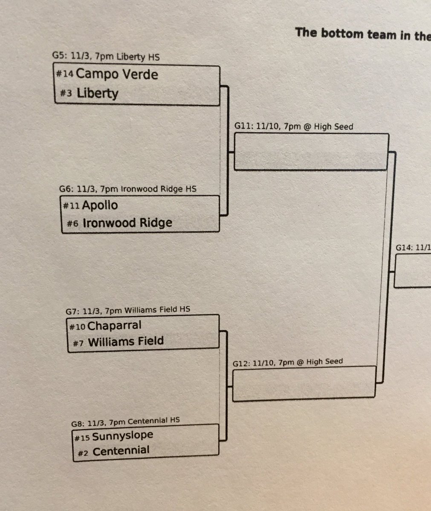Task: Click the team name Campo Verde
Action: pyautogui.click(x=117, y=74)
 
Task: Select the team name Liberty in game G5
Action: pyautogui.click(x=98, y=93)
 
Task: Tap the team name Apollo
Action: pyautogui.click(x=100, y=205)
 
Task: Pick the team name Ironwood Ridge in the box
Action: pyautogui.click(x=127, y=223)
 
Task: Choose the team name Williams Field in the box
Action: pyautogui.click(x=126, y=342)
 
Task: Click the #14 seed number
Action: pyautogui.click(x=65, y=74)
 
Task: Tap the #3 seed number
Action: pyautogui.click(x=66, y=93)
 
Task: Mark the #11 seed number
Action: pyautogui.click(x=71, y=206)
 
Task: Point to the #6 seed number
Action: pyautogui.click(x=72, y=224)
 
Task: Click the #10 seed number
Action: pyautogui.click(x=77, y=327)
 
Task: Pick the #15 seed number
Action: pyautogui.click(x=82, y=438)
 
